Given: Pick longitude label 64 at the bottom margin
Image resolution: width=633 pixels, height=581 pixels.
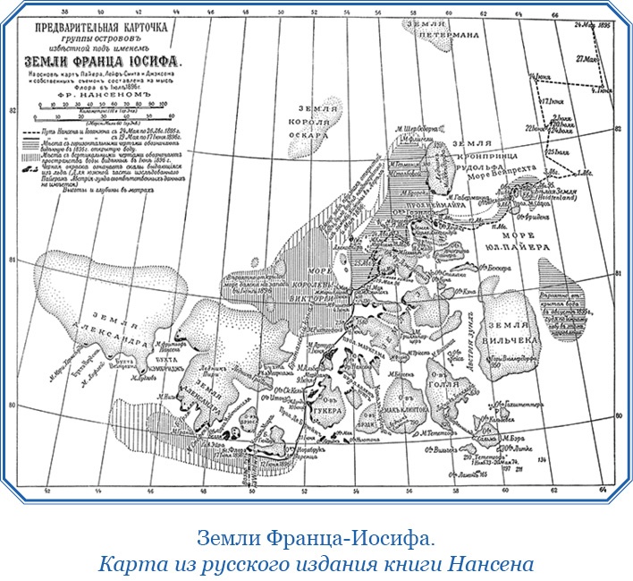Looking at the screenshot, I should [x=602, y=489].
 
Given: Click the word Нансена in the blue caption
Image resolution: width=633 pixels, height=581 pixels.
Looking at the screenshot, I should [x=499, y=564].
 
